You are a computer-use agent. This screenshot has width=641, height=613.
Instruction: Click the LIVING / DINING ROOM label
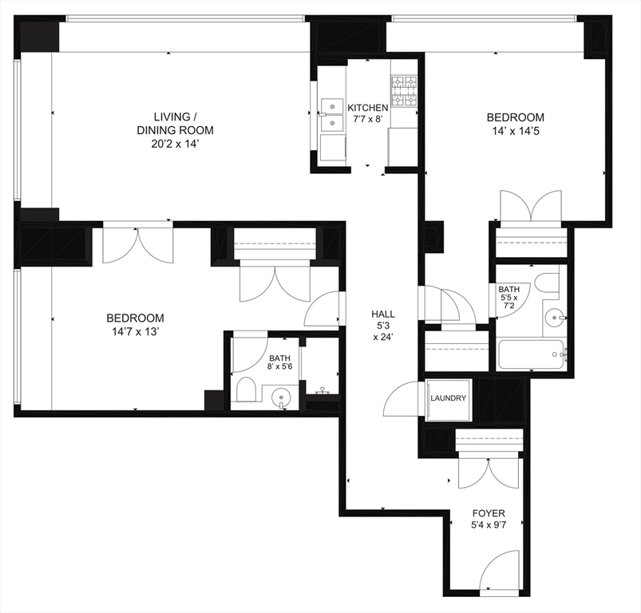175,123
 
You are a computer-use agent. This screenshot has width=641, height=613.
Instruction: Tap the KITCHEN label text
368,108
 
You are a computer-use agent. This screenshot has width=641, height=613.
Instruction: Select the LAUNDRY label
448,397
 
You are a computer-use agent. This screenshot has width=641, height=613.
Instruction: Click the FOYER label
488,513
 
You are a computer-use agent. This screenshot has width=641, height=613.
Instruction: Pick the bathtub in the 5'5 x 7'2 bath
532,354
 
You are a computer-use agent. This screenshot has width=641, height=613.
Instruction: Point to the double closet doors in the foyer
489,472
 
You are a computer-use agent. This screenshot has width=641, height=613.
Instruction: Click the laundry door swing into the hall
403,397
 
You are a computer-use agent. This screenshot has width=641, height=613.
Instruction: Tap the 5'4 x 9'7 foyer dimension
488,527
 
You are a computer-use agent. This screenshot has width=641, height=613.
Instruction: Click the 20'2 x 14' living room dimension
175,144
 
